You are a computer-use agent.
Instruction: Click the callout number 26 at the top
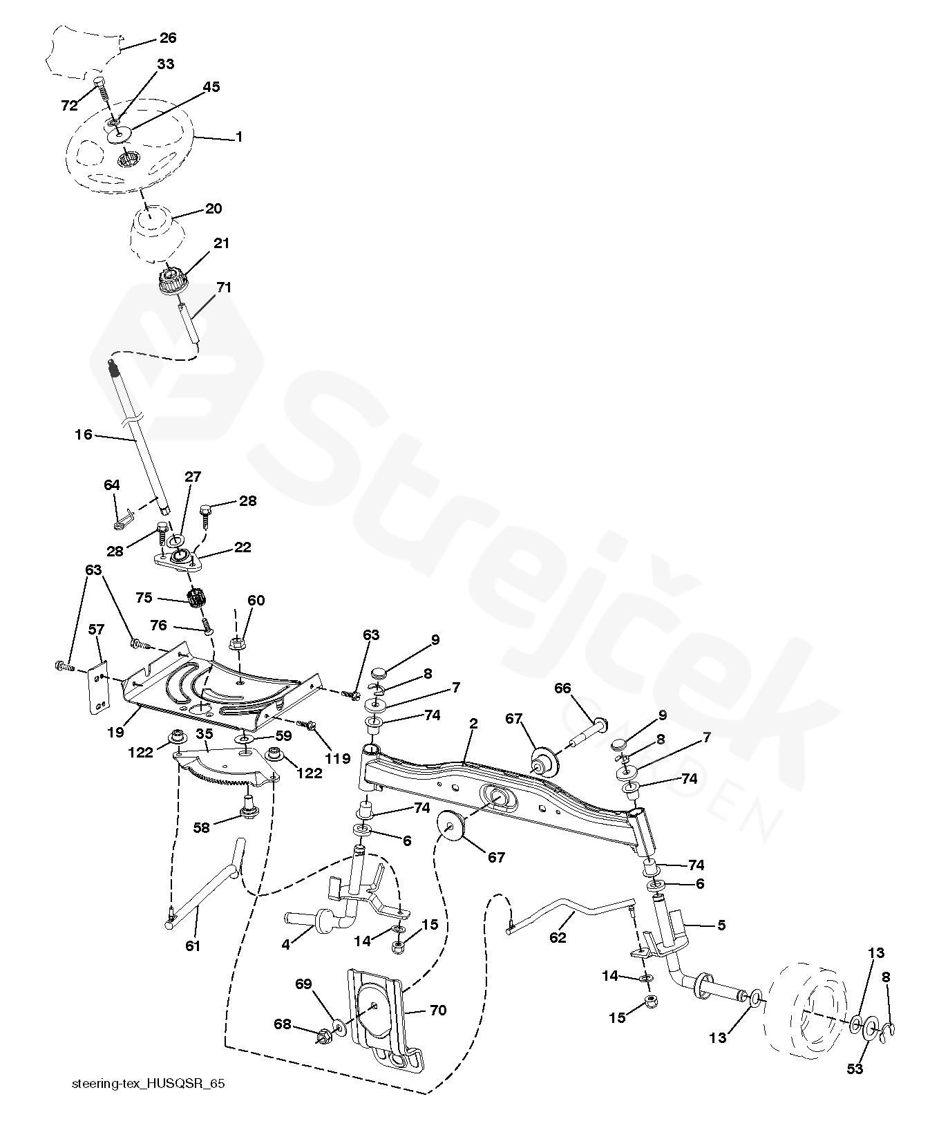click(168, 37)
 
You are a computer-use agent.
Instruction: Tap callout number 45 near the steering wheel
click(211, 87)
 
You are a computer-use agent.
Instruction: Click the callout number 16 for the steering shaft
click(83, 435)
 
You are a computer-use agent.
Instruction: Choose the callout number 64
click(112, 485)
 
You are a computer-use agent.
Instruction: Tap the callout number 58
click(201, 827)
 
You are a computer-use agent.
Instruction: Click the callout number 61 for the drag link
click(192, 946)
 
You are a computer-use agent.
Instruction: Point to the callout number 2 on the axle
click(473, 724)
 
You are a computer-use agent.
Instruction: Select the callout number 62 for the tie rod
click(557, 938)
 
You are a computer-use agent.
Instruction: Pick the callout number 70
click(438, 1010)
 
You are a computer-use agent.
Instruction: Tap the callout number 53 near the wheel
click(855, 1069)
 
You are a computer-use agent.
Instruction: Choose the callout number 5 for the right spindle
click(721, 924)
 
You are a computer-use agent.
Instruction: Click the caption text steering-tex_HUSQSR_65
click(149, 1084)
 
